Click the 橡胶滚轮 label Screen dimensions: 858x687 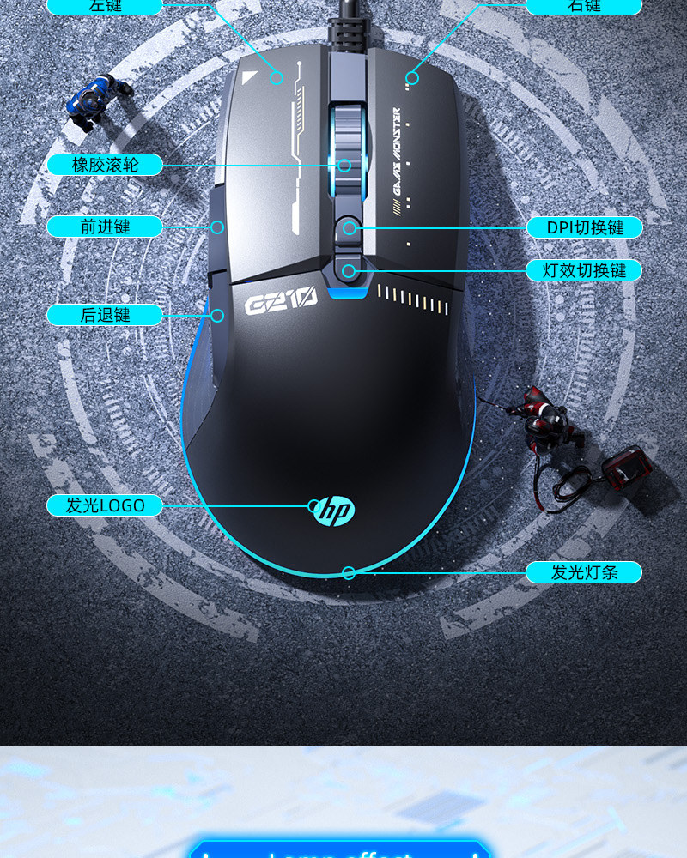(x=105, y=165)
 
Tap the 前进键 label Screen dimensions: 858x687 (x=105, y=227)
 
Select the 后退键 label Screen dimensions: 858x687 (x=105, y=315)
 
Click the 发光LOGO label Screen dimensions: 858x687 (x=105, y=505)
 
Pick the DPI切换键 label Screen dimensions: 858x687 (x=585, y=227)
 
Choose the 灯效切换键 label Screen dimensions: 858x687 (x=585, y=270)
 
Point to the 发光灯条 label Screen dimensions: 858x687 (x=585, y=572)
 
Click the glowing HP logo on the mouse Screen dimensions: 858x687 (x=333, y=511)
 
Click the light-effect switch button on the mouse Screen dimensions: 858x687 (x=348, y=271)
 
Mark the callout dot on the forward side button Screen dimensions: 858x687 (x=218, y=227)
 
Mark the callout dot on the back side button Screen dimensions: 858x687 (x=218, y=316)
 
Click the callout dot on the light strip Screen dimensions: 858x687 (x=349, y=572)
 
